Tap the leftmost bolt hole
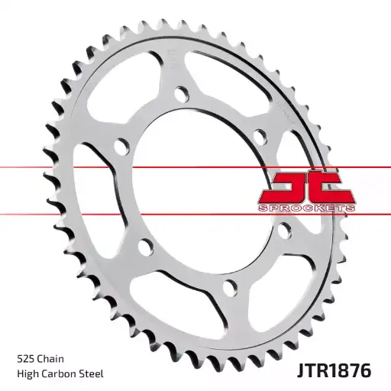pos(119,145)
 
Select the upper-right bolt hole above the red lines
pos(259,136)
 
